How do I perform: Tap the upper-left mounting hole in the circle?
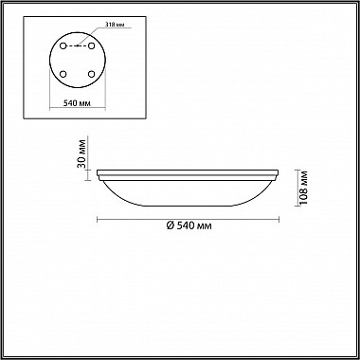click(x=63, y=45)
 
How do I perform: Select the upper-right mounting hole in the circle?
click(x=92, y=45)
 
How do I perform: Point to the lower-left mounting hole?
click(x=63, y=74)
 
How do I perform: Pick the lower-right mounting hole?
click(x=92, y=74)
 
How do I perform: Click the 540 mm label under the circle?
click(x=78, y=103)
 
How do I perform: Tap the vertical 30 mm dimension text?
click(x=82, y=153)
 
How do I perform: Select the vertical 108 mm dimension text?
click(x=304, y=188)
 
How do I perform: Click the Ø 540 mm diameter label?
click(x=189, y=225)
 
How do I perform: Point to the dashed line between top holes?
click(x=78, y=45)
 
